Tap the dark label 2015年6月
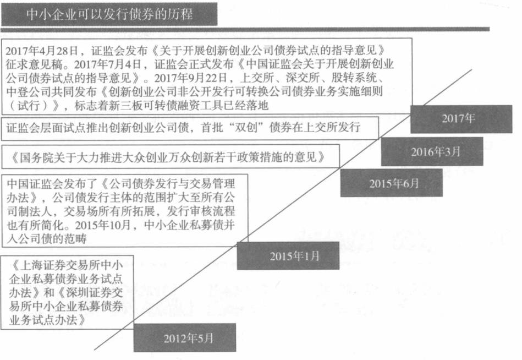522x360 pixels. [391, 183]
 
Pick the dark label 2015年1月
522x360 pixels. [288, 255]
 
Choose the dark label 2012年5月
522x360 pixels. [184, 337]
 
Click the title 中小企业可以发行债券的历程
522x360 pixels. [109, 15]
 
